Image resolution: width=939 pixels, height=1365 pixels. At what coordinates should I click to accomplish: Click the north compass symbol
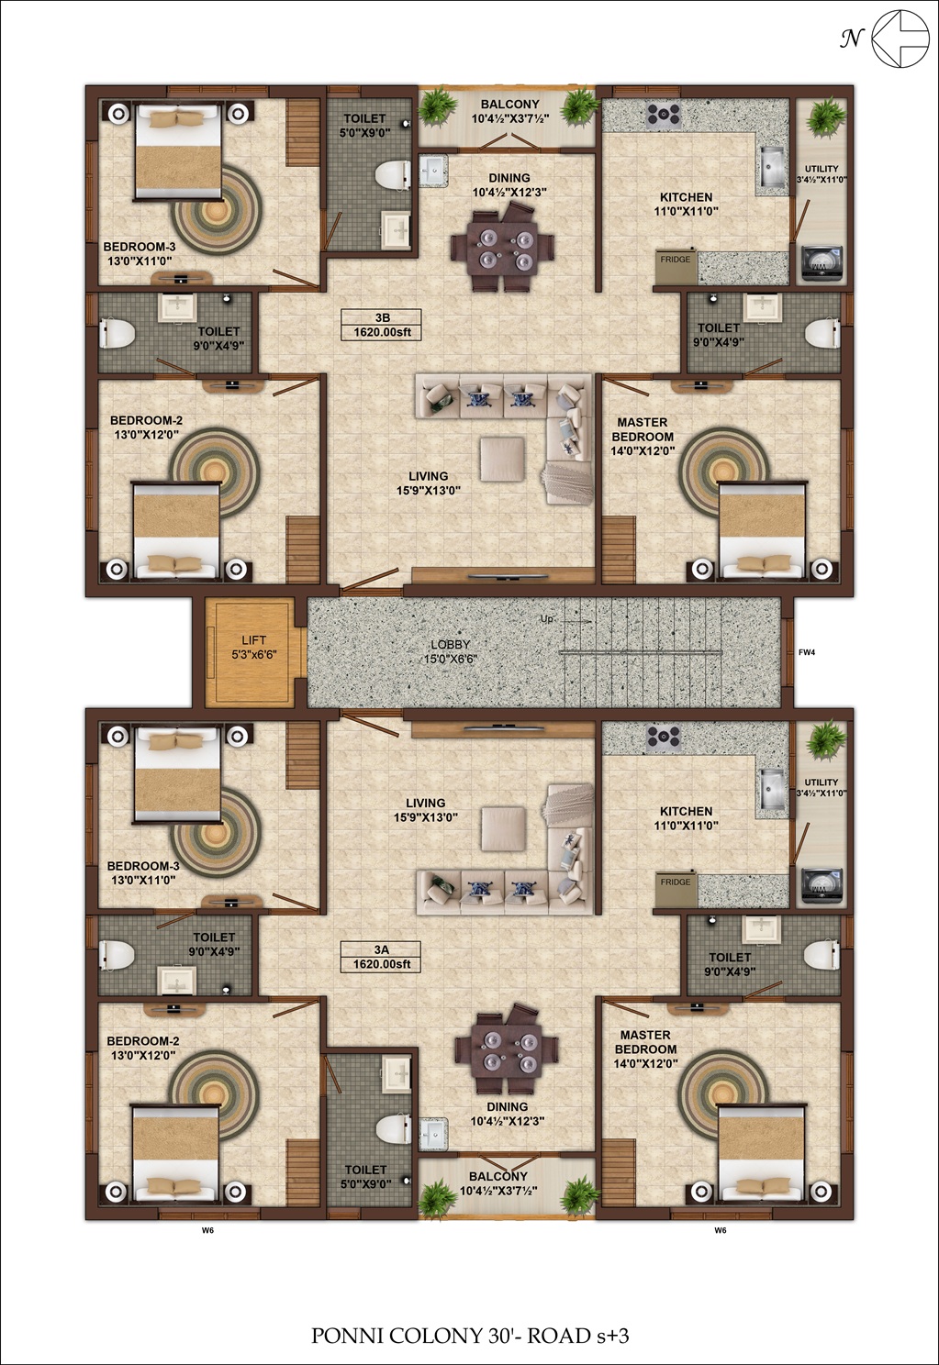(x=900, y=39)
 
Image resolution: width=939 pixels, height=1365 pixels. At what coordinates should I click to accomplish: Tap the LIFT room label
(x=253, y=640)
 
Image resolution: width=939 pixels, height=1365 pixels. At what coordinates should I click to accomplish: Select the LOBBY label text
(x=450, y=644)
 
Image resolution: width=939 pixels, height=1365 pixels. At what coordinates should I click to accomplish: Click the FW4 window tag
(x=807, y=652)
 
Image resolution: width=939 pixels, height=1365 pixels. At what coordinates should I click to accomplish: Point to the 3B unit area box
(x=381, y=325)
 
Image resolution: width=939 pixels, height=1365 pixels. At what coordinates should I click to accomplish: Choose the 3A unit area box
(x=381, y=957)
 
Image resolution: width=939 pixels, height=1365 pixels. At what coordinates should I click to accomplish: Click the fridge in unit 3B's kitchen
(x=676, y=266)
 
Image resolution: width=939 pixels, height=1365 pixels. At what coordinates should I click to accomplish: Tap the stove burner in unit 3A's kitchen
(x=664, y=736)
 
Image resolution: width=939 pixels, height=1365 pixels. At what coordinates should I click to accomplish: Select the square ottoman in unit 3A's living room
(x=503, y=828)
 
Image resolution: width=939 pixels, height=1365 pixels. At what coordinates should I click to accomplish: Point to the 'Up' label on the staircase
(x=546, y=619)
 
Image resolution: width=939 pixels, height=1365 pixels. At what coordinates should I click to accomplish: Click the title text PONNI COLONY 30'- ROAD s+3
(x=470, y=1336)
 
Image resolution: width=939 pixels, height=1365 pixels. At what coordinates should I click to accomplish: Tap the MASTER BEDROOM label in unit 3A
(x=645, y=1041)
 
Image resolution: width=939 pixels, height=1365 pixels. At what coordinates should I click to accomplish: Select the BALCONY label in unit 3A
(x=497, y=1176)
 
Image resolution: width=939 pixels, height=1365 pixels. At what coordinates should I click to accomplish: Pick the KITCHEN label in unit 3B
(x=686, y=197)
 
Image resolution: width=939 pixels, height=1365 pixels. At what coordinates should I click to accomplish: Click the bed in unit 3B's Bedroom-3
(x=177, y=152)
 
